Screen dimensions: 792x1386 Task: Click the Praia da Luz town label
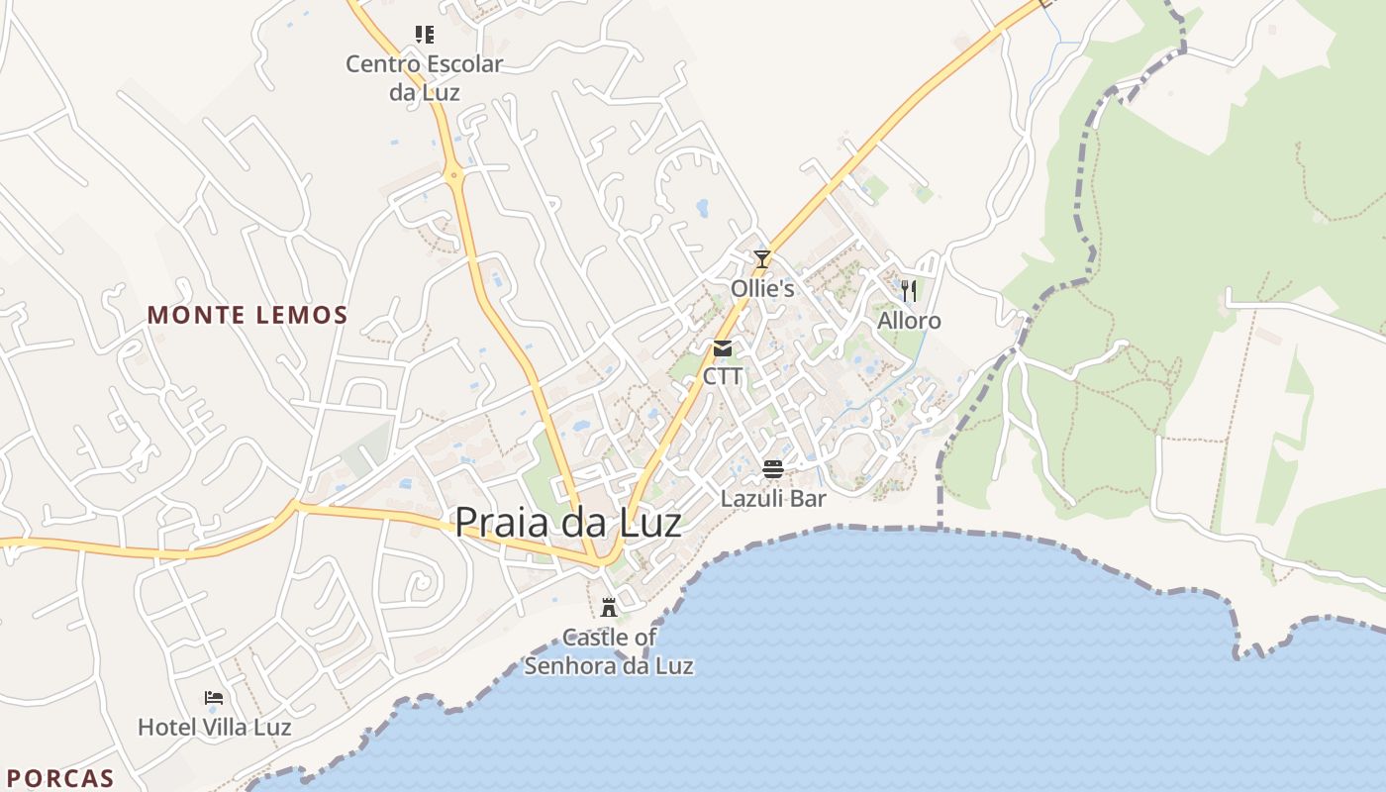568,523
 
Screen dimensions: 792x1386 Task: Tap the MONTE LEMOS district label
247,316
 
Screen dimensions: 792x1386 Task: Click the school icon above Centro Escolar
425,36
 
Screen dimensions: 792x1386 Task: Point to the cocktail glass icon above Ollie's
761,260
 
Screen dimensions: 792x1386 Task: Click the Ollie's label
762,289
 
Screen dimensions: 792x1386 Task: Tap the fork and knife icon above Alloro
909,291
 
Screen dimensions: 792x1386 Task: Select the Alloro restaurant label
909,321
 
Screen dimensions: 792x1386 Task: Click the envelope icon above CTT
723,348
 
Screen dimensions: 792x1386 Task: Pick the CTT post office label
723,376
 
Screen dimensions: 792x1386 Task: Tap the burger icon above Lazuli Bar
773,469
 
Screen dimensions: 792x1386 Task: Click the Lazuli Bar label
773,498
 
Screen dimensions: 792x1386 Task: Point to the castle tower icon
609,607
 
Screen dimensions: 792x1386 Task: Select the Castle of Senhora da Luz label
609,651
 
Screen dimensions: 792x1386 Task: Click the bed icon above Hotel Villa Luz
214,698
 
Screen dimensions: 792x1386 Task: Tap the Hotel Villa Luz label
214,728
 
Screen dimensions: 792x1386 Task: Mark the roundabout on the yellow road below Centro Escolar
455,175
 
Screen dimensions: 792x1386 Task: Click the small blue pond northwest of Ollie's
702,208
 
